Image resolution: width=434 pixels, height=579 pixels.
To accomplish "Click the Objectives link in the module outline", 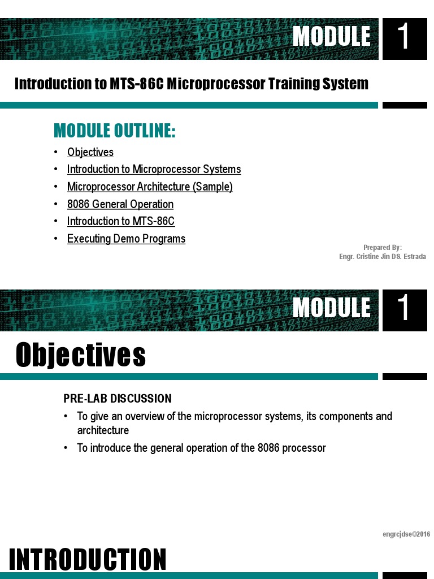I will [x=90, y=152].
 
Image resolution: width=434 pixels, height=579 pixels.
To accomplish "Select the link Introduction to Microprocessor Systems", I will [x=154, y=169].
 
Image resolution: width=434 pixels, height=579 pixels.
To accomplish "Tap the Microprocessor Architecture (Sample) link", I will [x=150, y=187].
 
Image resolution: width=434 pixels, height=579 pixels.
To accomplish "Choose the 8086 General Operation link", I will [x=120, y=204].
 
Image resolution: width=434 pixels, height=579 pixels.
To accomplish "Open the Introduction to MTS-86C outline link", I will [x=121, y=221].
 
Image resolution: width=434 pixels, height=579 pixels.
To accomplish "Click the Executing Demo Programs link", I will [x=126, y=239].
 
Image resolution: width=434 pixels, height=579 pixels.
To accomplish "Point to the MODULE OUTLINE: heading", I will [x=115, y=131].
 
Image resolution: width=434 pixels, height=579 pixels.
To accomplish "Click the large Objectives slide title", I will [x=81, y=355].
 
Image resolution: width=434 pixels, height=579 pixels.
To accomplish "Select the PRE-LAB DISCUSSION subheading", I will [x=118, y=399].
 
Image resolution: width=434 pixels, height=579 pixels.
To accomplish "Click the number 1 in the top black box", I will [x=404, y=37].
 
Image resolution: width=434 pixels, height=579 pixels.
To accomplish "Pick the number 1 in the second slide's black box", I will [x=404, y=309].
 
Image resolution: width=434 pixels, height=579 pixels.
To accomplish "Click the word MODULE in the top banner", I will [x=332, y=37].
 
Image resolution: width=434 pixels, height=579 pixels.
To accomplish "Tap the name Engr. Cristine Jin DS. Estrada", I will [x=383, y=257].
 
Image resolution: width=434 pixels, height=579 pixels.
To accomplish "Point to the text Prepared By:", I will [x=383, y=248].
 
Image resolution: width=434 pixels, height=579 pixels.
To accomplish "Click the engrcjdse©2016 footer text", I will [x=406, y=534].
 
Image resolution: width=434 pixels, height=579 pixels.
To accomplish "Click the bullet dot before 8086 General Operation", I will [x=56, y=204].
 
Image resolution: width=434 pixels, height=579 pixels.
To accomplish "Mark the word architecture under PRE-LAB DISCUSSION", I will [x=103, y=430].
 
